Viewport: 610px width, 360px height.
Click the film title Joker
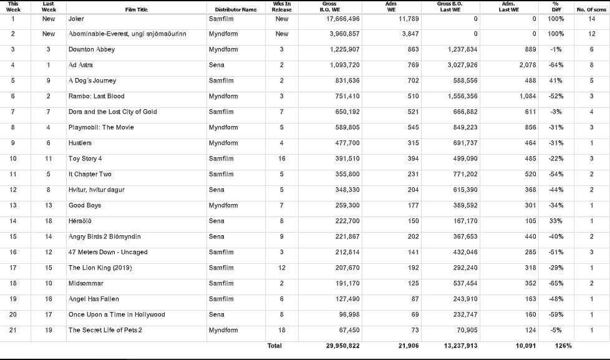(76, 19)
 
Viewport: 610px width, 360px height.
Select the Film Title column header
(137, 10)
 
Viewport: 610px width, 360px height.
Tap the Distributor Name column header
(235, 10)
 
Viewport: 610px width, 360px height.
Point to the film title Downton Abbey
(92, 49)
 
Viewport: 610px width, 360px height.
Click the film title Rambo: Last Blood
(96, 96)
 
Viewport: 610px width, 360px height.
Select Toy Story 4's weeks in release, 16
(282, 158)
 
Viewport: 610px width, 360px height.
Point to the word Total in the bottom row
(274, 346)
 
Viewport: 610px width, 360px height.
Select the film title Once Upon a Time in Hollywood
(117, 314)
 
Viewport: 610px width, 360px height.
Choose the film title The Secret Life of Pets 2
(105, 330)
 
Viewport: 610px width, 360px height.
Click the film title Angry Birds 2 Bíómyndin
(104, 236)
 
